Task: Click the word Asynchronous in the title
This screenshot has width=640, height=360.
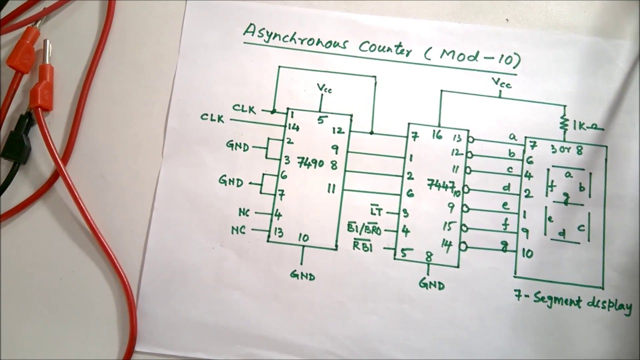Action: click(x=295, y=38)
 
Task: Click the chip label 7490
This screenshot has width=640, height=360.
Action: click(x=310, y=162)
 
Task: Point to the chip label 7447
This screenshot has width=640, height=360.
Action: click(x=438, y=184)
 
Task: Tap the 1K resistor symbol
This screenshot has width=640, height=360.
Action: click(x=565, y=123)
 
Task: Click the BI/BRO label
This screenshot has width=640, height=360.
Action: click(x=364, y=229)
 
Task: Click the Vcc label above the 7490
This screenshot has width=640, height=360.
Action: click(x=324, y=89)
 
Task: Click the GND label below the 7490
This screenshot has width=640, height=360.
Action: click(x=302, y=274)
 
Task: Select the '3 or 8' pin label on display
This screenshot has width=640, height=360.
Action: click(x=566, y=149)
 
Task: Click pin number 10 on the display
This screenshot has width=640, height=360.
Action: click(x=527, y=253)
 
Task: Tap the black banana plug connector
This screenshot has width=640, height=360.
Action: click(x=15, y=140)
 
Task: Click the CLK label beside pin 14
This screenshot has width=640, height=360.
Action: click(x=214, y=118)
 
